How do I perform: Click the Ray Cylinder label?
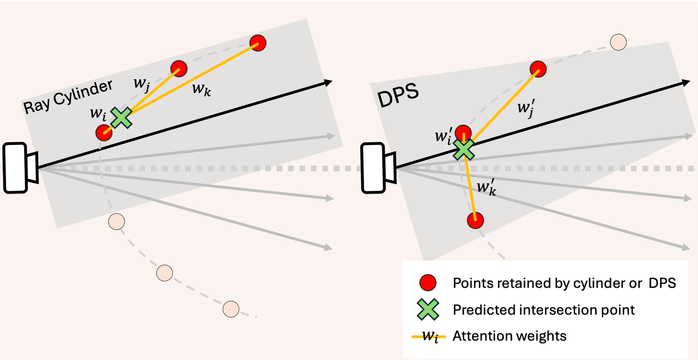(x=68, y=97)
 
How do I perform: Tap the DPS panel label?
(x=398, y=95)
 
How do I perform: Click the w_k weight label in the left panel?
(x=202, y=89)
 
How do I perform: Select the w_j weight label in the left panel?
(x=141, y=83)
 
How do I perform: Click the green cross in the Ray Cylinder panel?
(x=121, y=118)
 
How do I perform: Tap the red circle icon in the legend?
(x=428, y=283)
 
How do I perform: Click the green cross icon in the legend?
(x=428, y=309)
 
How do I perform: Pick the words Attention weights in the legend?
(x=509, y=336)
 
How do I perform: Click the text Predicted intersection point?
(x=543, y=310)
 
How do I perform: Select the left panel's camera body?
(x=15, y=168)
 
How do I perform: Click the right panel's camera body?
(x=373, y=168)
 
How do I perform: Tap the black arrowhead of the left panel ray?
(x=328, y=82)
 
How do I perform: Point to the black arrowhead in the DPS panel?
(x=686, y=82)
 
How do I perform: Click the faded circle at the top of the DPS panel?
(x=618, y=42)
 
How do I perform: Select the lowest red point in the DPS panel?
(x=475, y=221)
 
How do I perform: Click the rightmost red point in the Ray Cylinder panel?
(x=258, y=43)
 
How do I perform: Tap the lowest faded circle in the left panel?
(x=231, y=309)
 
